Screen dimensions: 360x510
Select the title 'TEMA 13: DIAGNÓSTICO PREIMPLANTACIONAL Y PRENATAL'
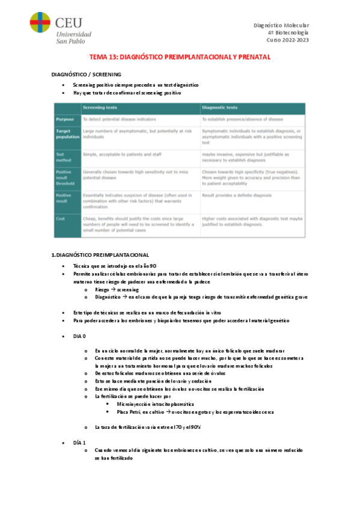(x=180, y=57)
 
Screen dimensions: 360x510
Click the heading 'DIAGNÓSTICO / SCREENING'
(x=87, y=74)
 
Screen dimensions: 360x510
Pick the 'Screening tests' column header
(x=100, y=108)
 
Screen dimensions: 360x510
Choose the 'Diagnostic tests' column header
(x=221, y=108)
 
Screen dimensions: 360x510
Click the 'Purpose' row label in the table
(x=64, y=120)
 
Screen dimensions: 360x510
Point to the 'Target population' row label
(x=66, y=134)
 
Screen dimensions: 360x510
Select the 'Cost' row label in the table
(x=60, y=219)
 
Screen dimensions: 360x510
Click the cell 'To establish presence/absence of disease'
(x=242, y=120)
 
